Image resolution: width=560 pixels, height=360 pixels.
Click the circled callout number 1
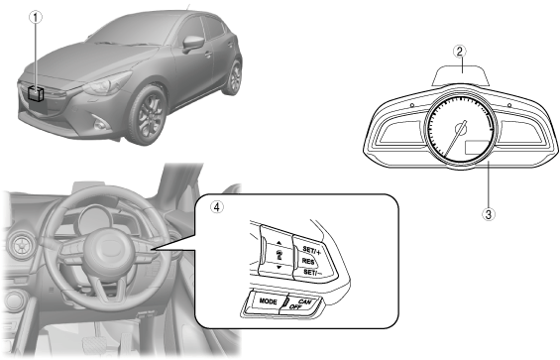(36, 17)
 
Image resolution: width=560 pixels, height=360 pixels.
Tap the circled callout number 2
(460, 52)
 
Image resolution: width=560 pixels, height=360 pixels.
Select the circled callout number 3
(489, 214)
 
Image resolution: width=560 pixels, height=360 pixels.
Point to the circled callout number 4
(217, 206)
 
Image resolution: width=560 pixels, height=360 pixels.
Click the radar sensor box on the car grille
(36, 94)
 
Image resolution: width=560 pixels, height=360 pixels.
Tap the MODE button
(268, 301)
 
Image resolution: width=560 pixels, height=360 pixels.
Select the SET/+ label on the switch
(311, 250)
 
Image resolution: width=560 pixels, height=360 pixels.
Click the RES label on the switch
(308, 262)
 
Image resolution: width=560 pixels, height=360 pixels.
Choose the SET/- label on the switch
(312, 273)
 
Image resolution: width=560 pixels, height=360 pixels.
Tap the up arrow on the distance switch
(279, 243)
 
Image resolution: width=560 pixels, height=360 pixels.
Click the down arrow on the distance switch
(279, 267)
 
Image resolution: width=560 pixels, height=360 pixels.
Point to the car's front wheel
(148, 115)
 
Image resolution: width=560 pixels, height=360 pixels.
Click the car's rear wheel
(233, 77)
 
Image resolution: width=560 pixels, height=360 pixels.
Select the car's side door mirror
(193, 44)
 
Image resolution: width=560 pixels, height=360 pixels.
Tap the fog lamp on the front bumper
(100, 124)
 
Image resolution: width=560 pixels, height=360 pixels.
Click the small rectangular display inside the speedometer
(477, 147)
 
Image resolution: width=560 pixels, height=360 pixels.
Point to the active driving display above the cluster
(460, 75)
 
